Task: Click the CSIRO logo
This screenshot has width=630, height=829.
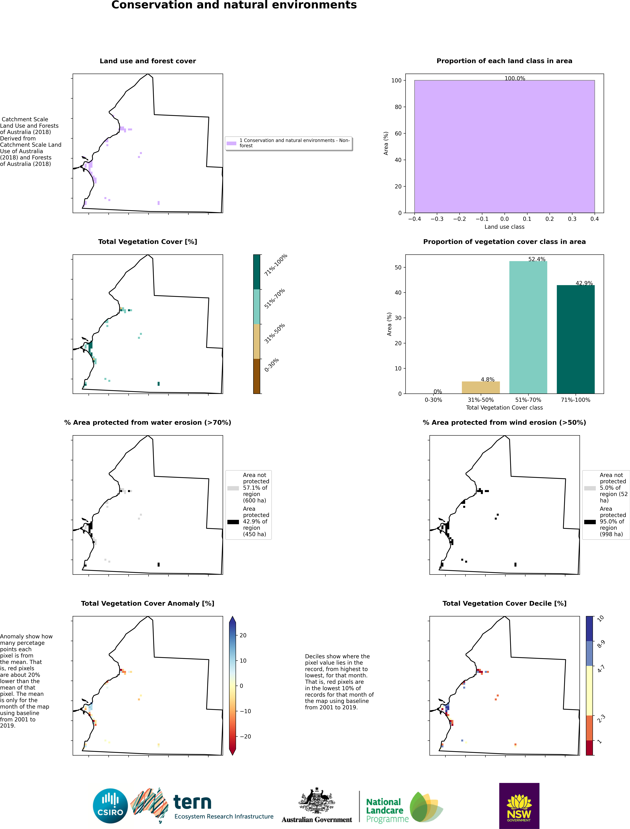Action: pyautogui.click(x=110, y=806)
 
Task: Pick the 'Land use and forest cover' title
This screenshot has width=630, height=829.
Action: pyautogui.click(x=148, y=61)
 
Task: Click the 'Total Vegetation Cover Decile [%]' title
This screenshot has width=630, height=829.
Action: pyautogui.click(x=504, y=603)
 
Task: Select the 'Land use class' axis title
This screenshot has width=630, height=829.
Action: pyautogui.click(x=504, y=227)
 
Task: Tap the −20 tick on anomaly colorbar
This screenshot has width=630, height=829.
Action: pyautogui.click(x=245, y=736)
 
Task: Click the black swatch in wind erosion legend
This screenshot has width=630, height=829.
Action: pyautogui.click(x=590, y=522)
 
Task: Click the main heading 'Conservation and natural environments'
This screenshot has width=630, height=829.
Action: pyautogui.click(x=234, y=5)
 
